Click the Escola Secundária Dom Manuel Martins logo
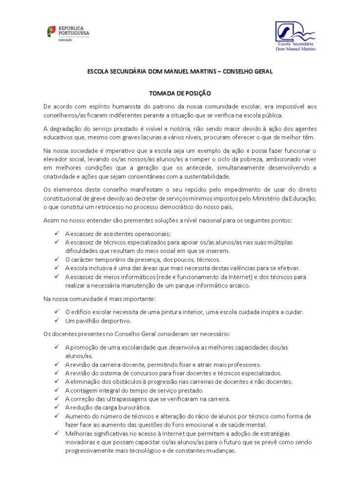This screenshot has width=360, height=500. click(295, 36)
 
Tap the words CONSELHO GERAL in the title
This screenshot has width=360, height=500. click(248, 71)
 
